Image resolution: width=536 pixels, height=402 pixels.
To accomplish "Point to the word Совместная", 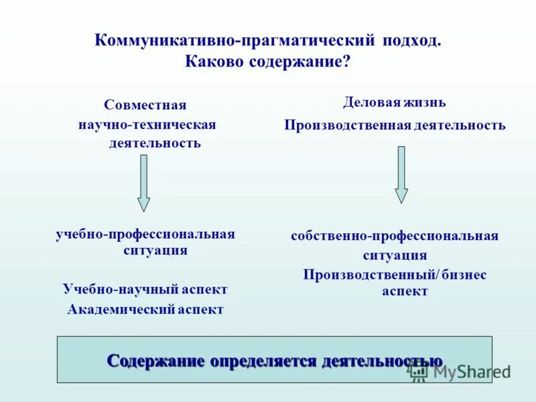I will point(145,105).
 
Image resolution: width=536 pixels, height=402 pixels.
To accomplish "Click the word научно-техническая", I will point(147,125).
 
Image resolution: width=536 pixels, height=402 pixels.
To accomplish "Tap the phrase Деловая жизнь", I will point(395,103).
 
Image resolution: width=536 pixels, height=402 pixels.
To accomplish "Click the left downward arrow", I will point(143,183).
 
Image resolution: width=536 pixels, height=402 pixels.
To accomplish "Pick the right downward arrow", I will point(401,174).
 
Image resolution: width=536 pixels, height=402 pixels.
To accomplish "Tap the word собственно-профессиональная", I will point(395,236).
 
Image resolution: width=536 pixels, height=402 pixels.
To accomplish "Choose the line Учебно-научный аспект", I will point(145,289).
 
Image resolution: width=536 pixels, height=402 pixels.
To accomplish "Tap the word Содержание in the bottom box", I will point(155,360).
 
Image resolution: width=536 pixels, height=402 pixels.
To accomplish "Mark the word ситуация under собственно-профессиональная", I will point(395,255).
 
